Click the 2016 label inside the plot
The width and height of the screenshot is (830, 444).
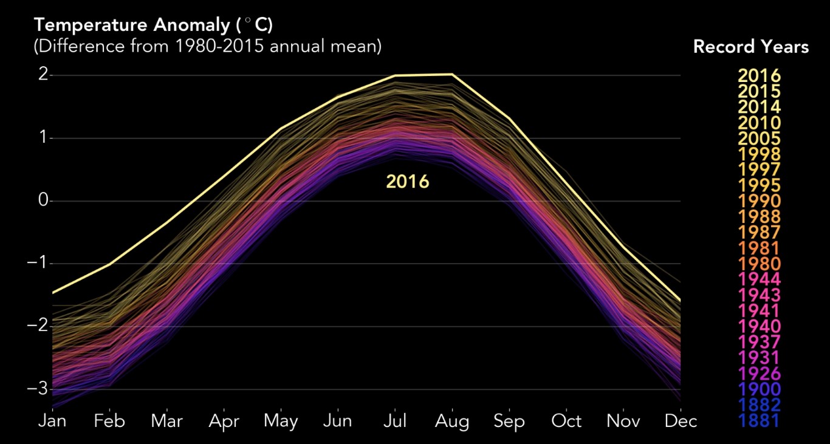pyautogui.click(x=407, y=182)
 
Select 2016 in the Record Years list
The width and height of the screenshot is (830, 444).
pyautogui.click(x=759, y=76)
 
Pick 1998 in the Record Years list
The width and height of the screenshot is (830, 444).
pyautogui.click(x=759, y=154)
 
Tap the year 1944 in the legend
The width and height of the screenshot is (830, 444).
pyautogui.click(x=759, y=279)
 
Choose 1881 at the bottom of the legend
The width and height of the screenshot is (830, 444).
pyautogui.click(x=759, y=420)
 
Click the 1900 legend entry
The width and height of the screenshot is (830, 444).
pyautogui.click(x=759, y=389)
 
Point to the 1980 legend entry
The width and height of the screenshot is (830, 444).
pyautogui.click(x=759, y=264)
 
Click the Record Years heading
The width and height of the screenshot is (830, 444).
pyautogui.click(x=751, y=47)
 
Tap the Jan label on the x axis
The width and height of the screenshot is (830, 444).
pyautogui.click(x=52, y=421)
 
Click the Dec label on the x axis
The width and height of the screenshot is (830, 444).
pyautogui.click(x=681, y=421)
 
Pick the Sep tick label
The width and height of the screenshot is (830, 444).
pyautogui.click(x=509, y=421)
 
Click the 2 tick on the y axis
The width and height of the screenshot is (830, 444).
pyautogui.click(x=43, y=75)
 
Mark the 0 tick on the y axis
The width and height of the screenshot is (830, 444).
pyautogui.click(x=43, y=200)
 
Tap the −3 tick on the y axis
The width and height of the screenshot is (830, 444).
pyautogui.click(x=38, y=389)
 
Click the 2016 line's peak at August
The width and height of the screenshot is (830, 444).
pyautogui.click(x=451, y=74)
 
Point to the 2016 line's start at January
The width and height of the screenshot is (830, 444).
pyautogui.click(x=52, y=293)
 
